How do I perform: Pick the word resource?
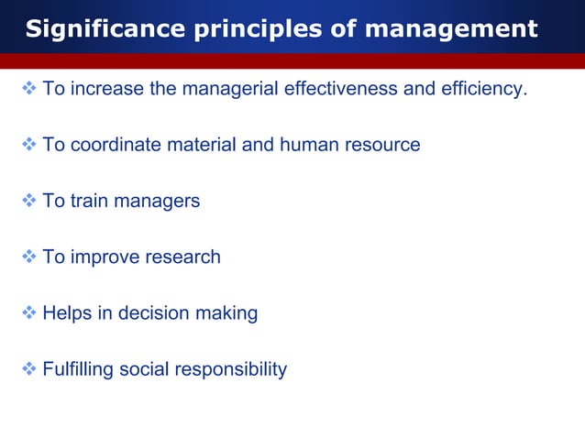tap(381, 145)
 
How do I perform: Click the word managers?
tap(158, 202)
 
